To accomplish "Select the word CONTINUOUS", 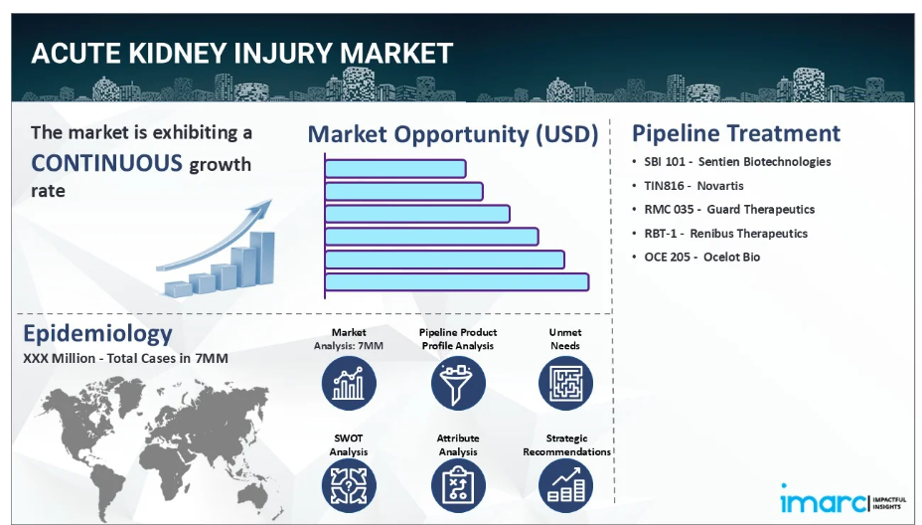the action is [x=107, y=163].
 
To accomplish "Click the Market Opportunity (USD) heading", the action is [x=453, y=134].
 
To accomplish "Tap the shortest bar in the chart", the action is [x=395, y=169].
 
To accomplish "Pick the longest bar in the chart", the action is [x=457, y=282].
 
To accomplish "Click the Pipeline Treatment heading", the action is [x=736, y=133].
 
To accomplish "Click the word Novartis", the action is [x=720, y=186].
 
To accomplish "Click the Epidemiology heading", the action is [x=97, y=334].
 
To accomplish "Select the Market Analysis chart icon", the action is [x=349, y=383].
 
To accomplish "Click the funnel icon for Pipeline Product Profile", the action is [x=458, y=383].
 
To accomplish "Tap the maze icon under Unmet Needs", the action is [x=565, y=383].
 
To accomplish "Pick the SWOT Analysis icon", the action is [x=349, y=485].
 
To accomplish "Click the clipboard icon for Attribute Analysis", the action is [x=458, y=485].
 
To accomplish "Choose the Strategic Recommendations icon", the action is [x=565, y=485].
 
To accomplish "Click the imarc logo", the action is [x=844, y=499].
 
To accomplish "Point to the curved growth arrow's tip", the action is [x=271, y=200].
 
